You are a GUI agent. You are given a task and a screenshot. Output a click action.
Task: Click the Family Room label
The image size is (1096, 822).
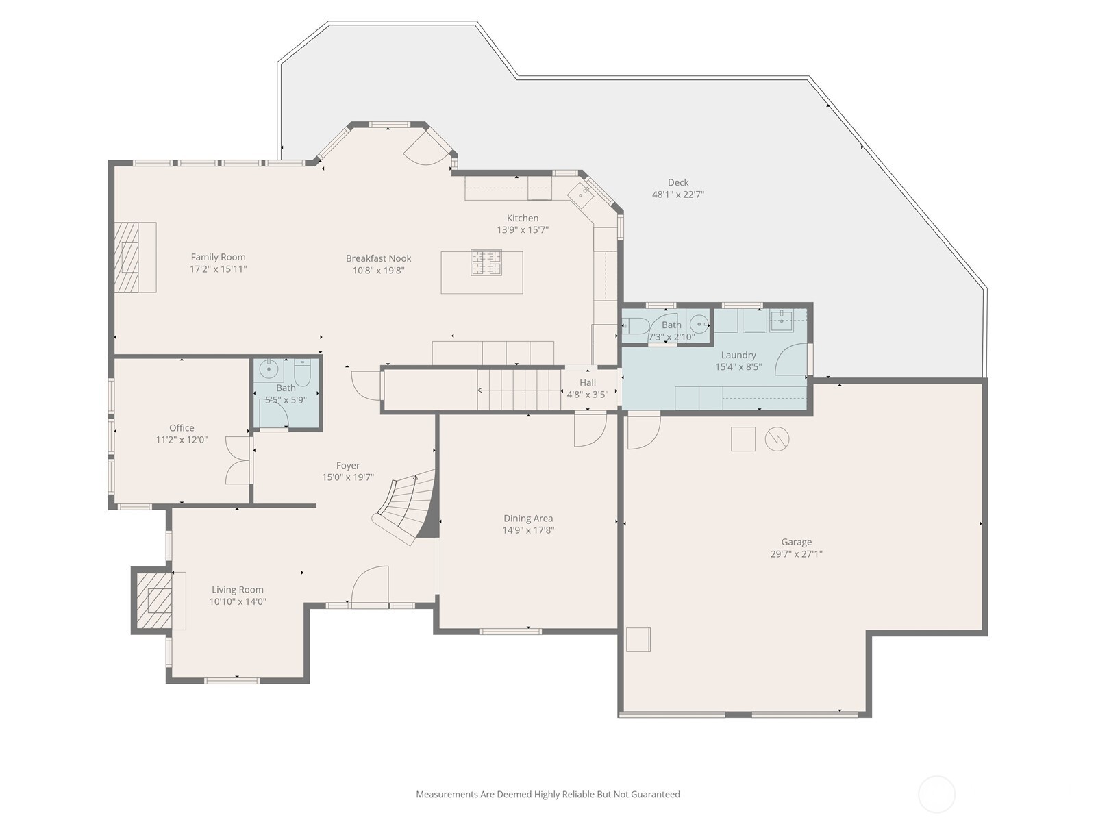[219, 257]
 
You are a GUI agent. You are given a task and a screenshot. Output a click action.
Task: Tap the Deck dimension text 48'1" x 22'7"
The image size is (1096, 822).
[677, 195]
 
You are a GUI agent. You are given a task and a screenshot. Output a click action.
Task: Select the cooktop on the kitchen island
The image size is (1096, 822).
[486, 262]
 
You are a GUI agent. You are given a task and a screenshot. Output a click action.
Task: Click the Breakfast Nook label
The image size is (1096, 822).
[379, 258]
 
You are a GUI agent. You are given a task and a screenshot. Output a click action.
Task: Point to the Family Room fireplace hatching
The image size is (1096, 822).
[126, 257]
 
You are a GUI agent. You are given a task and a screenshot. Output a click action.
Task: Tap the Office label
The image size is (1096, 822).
[182, 427]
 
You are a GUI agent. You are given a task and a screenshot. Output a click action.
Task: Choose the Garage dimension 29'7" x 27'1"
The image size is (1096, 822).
[796, 554]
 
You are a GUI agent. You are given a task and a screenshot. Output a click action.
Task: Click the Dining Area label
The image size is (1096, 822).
[528, 518]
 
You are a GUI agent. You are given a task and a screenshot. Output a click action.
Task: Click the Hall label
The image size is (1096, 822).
[588, 382]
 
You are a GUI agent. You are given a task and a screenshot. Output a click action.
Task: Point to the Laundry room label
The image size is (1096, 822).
[738, 355]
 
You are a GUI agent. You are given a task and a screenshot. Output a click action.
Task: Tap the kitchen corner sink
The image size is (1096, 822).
[580, 192]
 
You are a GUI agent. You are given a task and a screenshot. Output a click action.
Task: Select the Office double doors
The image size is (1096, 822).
[238, 460]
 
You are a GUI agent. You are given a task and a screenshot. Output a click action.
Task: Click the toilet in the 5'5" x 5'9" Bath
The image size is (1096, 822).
[303, 372]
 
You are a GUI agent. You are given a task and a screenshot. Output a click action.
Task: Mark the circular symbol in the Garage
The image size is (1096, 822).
[777, 439]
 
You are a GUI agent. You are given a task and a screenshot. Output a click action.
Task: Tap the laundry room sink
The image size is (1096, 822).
[782, 320]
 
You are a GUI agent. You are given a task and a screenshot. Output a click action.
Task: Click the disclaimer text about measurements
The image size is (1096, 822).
[548, 794]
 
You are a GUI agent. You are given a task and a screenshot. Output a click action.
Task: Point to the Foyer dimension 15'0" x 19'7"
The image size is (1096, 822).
[347, 477]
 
